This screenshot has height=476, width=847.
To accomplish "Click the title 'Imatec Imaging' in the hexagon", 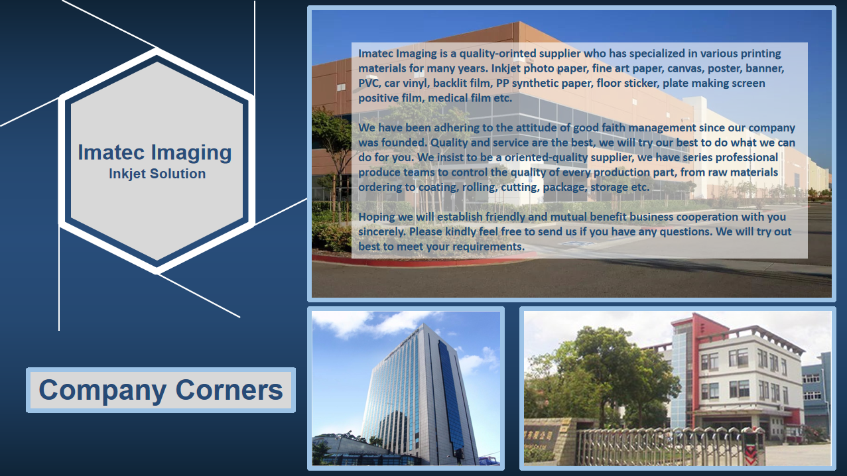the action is pos(155,152).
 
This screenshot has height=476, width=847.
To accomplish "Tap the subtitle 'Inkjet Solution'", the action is pos(157,174).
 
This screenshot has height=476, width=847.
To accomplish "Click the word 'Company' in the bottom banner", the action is pos(102,390).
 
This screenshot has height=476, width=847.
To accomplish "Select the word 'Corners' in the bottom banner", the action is pos(229,390).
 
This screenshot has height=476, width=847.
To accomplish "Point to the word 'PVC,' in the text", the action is pos(369,84).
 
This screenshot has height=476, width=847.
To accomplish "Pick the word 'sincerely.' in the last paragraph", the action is pos(382,232).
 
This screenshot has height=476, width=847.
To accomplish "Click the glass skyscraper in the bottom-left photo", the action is pos(421,394).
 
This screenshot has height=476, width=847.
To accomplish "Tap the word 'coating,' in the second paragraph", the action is pos(438,188).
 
